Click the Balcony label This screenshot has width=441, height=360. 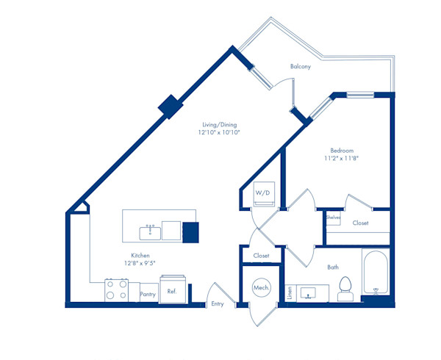click(x=301, y=67)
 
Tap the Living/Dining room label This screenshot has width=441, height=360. click(x=220, y=125)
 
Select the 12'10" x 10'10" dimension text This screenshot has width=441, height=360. click(x=219, y=132)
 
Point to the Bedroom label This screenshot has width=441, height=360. click(x=342, y=151)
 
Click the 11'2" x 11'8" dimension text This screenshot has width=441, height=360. click(x=342, y=158)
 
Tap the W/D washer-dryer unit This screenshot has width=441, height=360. click(x=264, y=194)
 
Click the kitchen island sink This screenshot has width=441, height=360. click(x=150, y=233)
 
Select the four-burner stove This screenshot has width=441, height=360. click(x=116, y=290)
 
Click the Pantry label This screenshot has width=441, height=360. click(x=148, y=294)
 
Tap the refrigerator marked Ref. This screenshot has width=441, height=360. click(x=173, y=289)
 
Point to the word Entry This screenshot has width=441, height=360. click(x=218, y=303)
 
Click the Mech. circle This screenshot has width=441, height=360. click(x=262, y=288)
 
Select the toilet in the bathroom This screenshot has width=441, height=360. click(x=345, y=289)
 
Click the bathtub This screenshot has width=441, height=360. click(x=376, y=273)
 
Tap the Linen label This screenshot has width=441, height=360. click(x=290, y=292)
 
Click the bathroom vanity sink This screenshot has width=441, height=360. click(x=308, y=293)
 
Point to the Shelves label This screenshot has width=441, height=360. click(x=333, y=217)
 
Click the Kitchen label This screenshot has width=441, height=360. click(x=140, y=256)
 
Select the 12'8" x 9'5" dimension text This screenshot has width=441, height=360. click(x=140, y=263)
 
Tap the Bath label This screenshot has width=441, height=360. click(x=333, y=267)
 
